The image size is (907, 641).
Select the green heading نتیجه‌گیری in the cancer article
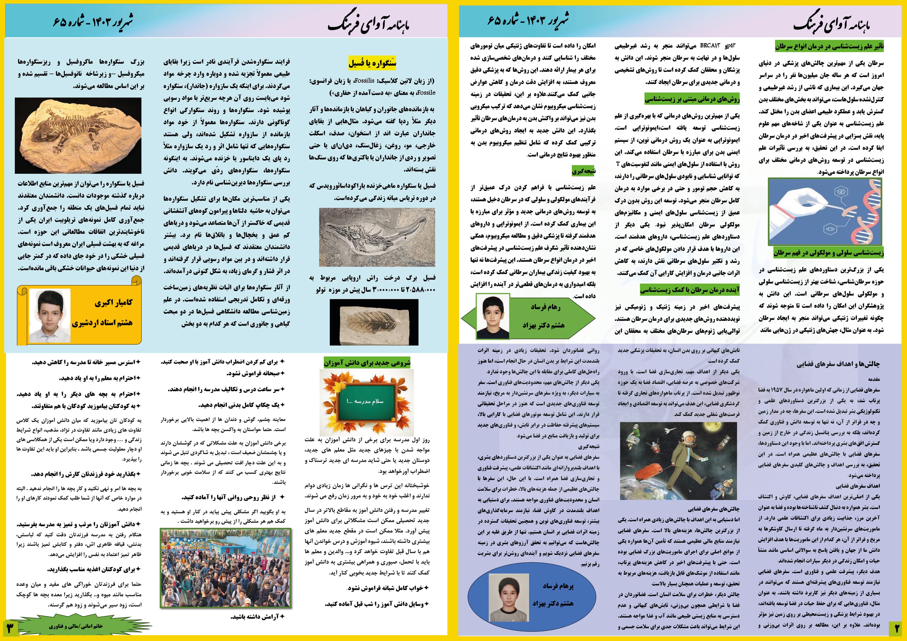point(583,171)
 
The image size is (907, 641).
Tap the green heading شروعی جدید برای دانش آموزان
point(367,362)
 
